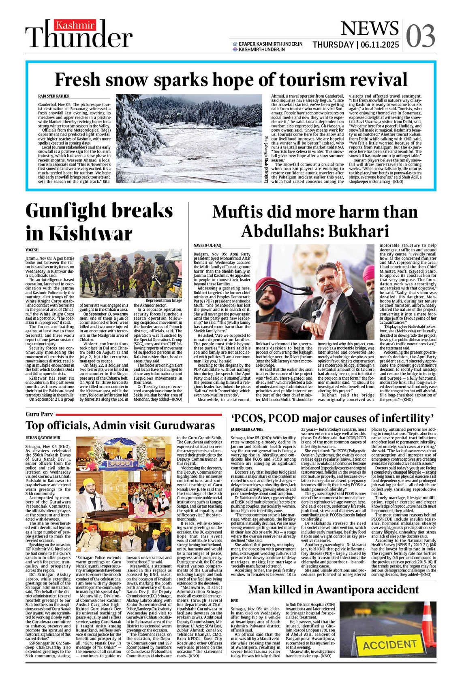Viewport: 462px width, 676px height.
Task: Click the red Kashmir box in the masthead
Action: pos(76,26)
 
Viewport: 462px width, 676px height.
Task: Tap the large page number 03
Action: pos(420,36)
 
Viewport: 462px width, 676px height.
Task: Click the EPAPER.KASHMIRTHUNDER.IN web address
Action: pos(270,44)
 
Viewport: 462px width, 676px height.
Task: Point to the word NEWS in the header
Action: pos(369,28)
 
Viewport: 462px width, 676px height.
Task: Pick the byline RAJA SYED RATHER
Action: pos(53,96)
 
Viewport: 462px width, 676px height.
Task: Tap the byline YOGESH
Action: pos(32,250)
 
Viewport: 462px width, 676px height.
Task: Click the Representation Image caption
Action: pos(164,300)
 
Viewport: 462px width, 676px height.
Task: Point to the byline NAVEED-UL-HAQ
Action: pos(207,246)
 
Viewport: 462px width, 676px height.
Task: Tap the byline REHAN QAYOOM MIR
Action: pos(43,438)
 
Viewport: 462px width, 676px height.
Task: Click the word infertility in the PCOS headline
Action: pos(395,419)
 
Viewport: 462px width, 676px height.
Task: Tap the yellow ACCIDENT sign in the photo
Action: pos(389,645)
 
